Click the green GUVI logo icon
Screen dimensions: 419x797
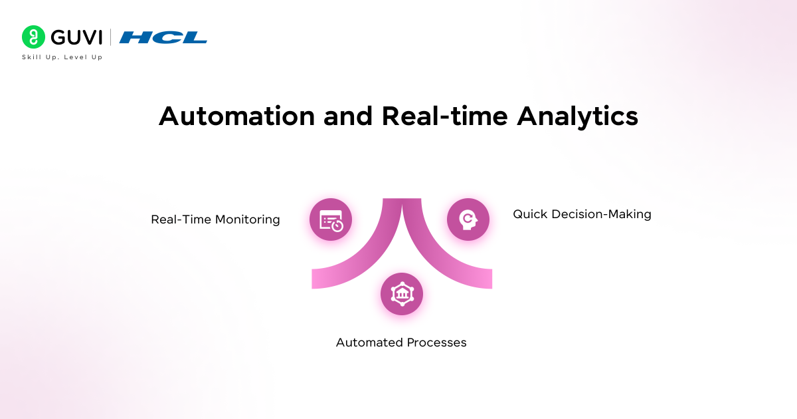[x=33, y=37]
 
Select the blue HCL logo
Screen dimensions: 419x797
[x=163, y=38]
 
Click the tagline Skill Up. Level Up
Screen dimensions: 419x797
[x=62, y=57]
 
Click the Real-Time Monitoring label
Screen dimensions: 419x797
[x=215, y=219]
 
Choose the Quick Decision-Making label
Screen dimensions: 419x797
[x=582, y=214]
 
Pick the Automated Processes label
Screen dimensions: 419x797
[x=401, y=343]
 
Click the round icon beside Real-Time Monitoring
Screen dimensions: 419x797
[x=331, y=219]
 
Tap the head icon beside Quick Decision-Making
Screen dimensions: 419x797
[x=468, y=219]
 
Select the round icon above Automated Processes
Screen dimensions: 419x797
[x=401, y=294]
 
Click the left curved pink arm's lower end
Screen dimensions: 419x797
[x=322, y=279]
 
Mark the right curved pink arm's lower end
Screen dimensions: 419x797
[x=482, y=279]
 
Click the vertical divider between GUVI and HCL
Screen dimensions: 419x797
[x=111, y=37]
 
